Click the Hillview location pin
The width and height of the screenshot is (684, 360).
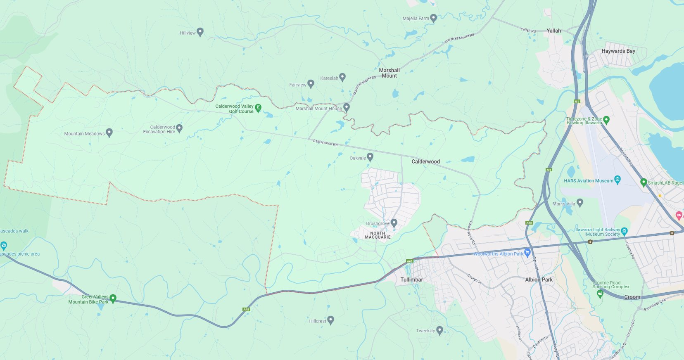pos(200,32)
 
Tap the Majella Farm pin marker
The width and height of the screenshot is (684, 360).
pos(433,18)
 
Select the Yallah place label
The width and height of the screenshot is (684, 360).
pos(553,31)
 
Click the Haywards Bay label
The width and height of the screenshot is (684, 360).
pos(618,51)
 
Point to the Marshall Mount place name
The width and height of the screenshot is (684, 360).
pos(389,73)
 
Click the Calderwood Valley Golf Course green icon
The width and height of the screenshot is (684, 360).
pos(258,108)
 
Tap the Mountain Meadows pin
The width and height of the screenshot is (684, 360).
pos(109,133)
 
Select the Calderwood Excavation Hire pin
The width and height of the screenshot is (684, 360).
pos(179,128)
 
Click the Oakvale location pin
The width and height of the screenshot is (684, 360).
pos(370,157)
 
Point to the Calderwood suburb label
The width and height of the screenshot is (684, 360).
pos(425,161)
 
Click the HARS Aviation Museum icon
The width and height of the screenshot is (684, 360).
pos(617,179)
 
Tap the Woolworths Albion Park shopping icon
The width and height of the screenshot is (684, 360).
pos(527,253)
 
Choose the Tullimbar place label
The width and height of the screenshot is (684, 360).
pos(411,279)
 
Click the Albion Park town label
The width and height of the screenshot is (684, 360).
pos(539,279)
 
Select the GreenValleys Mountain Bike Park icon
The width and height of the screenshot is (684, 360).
pos(113,298)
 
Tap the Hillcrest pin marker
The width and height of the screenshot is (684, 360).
pos(330,320)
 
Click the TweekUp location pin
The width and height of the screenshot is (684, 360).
pos(439,330)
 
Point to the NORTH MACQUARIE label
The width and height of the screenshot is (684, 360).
pos(378,235)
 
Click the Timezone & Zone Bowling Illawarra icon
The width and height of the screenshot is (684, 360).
pos(606,120)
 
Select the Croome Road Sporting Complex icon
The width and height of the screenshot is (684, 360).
pos(600,294)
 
